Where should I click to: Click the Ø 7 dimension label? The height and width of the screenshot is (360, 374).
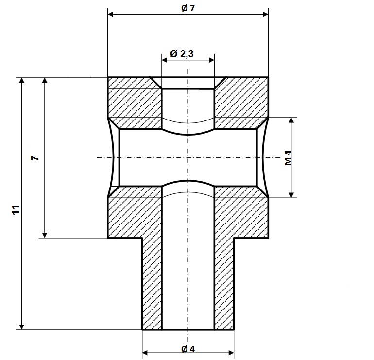187,8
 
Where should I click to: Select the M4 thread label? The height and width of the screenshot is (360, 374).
288,158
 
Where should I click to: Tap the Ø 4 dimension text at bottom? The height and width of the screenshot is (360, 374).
187,349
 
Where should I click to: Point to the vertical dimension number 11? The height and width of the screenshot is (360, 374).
15,210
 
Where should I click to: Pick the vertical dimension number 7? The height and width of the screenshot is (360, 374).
34,158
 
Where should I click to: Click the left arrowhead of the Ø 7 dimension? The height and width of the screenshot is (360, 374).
111,14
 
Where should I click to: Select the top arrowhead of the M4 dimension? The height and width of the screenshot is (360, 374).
291,121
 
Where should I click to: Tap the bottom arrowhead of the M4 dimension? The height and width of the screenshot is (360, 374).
291,194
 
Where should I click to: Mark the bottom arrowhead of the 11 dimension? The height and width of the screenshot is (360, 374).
21,326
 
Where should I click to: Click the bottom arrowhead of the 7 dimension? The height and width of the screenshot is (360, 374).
45,234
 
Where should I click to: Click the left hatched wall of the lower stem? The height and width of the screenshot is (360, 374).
152,282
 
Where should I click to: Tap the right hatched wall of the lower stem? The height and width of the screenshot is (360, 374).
224,282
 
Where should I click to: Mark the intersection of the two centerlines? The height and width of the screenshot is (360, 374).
188,157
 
